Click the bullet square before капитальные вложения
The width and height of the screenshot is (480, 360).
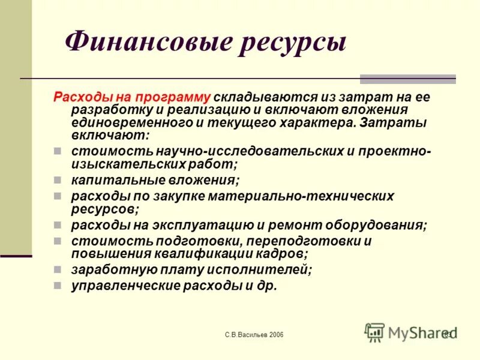point(57,179)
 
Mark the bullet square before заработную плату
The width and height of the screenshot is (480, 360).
point(57,269)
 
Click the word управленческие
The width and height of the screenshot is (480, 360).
point(113,286)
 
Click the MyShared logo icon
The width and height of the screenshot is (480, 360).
point(375,332)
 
